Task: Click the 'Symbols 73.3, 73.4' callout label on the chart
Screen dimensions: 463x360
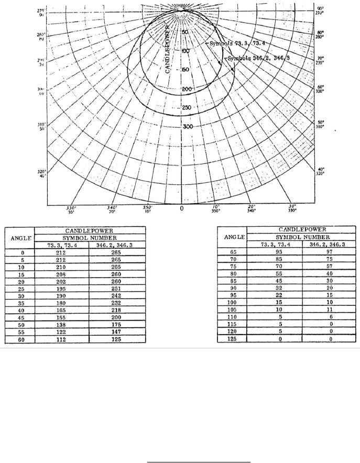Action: [229, 44]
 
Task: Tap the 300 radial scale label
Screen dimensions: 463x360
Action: [187, 127]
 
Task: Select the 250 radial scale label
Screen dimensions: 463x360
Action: [187, 108]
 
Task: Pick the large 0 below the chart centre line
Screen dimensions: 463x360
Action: [181, 208]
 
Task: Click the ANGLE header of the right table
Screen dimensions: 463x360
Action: [231, 237]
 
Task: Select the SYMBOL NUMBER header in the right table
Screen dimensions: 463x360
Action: [302, 237]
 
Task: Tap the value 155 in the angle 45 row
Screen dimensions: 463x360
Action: [62, 317]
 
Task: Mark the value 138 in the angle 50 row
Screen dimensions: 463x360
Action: [62, 324]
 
